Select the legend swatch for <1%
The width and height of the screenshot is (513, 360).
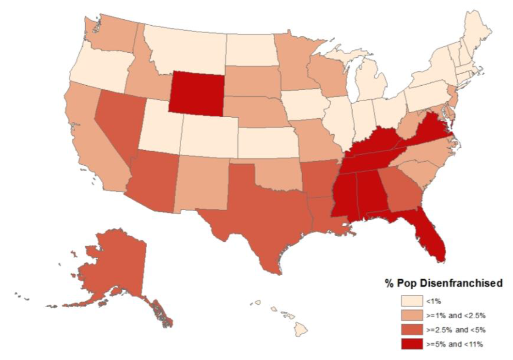411,302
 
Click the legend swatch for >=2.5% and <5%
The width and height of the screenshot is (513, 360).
411,330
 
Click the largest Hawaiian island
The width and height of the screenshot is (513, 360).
301,331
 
